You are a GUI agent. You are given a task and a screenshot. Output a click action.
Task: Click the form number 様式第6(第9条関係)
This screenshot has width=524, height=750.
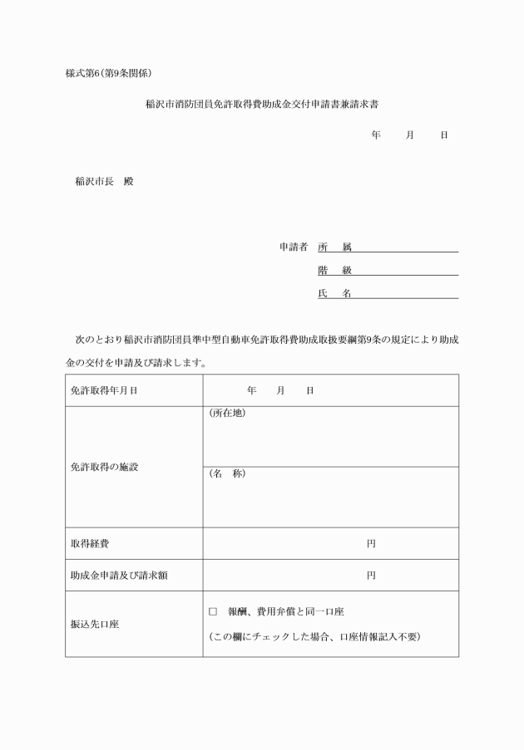coord(108,73)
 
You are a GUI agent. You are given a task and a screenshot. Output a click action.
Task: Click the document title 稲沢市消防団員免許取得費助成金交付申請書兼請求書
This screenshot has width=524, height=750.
coord(262,105)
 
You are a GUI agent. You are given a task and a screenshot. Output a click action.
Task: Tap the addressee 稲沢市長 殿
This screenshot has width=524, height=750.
coord(104,181)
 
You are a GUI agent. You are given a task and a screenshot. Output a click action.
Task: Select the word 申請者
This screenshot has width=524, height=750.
coord(294,247)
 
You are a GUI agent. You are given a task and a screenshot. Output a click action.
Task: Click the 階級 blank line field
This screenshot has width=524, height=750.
coord(405,270)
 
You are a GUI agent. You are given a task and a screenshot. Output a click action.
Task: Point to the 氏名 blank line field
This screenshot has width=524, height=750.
coord(405,293)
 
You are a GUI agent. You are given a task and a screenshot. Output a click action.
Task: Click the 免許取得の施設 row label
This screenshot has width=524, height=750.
coord(104,467)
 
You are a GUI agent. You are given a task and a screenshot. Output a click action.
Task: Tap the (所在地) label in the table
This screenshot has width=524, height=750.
coord(226,414)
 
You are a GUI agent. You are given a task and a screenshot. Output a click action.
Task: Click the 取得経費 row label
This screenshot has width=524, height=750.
coord(90,544)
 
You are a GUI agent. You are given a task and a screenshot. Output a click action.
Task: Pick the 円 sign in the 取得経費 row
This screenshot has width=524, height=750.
coord(371,544)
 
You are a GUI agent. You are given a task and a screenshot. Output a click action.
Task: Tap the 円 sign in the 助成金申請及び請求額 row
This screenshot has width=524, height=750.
coord(371,576)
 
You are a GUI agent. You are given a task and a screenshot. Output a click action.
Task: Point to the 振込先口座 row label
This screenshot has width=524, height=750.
coord(95,625)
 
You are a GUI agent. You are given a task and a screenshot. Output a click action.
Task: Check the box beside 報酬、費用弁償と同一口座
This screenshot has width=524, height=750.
coord(213,612)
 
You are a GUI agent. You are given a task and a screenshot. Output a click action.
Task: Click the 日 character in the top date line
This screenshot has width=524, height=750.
coord(443,135)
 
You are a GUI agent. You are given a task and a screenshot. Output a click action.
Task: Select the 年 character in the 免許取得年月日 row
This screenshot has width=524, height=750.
coord(251,390)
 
